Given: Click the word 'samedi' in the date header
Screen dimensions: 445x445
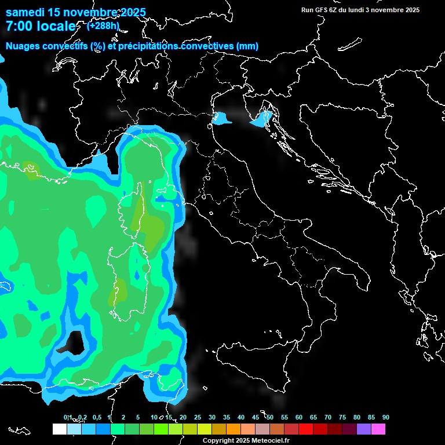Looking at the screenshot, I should pyautogui.click(x=25, y=12).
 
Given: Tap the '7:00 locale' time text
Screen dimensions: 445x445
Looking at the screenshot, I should pyautogui.click(x=41, y=26).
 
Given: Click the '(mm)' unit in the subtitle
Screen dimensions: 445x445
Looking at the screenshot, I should pyautogui.click(x=247, y=46).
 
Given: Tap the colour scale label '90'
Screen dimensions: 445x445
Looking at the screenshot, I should pyautogui.click(x=386, y=418).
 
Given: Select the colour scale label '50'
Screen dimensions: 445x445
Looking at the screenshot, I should pyautogui.click(x=270, y=418).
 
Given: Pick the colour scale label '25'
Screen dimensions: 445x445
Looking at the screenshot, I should pyautogui.click(x=198, y=418).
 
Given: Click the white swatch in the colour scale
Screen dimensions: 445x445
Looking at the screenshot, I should pyautogui.click(x=59, y=429).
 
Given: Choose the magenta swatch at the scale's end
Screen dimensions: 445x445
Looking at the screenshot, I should pyautogui.click(x=378, y=429).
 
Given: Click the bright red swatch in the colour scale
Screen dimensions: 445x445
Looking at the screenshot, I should pyautogui.click(x=306, y=429).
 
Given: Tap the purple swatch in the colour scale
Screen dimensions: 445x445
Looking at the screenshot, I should pyautogui.click(x=364, y=429).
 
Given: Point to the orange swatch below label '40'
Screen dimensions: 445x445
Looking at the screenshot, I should pyautogui.click(x=234, y=429).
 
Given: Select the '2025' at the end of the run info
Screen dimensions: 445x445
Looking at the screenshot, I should pyautogui.click(x=412, y=10).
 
